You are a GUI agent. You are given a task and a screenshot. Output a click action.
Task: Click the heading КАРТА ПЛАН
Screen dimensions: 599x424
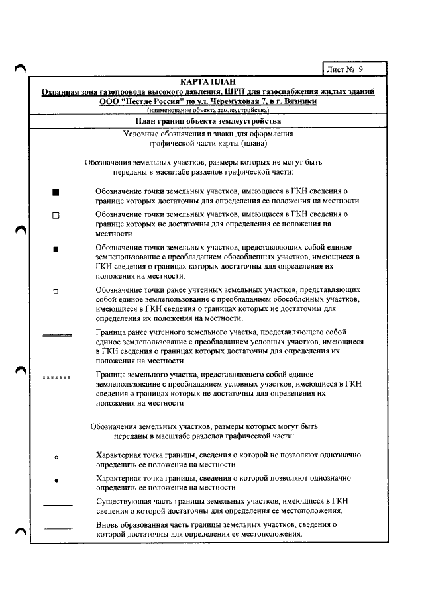click(x=208, y=81)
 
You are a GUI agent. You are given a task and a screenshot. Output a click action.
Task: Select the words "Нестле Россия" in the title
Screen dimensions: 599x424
click(x=150, y=101)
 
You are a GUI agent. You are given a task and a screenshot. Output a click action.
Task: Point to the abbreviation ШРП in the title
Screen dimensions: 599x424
click(x=236, y=91)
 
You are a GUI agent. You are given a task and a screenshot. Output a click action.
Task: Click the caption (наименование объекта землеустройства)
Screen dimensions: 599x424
click(x=208, y=110)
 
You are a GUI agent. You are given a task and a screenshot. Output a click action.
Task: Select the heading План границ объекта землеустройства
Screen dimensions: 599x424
click(x=208, y=121)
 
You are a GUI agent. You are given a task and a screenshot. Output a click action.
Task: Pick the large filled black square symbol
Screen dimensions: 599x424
click(x=56, y=193)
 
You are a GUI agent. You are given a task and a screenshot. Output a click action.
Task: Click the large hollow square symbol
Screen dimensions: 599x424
click(x=56, y=216)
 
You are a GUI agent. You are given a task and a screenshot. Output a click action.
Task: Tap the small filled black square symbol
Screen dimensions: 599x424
click(x=56, y=249)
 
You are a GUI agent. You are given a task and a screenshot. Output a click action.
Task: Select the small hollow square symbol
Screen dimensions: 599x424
click(x=56, y=291)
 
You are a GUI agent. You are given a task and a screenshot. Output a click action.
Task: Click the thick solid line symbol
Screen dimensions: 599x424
click(x=57, y=336)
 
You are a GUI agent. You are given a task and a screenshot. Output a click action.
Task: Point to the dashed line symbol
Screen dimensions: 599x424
click(x=57, y=378)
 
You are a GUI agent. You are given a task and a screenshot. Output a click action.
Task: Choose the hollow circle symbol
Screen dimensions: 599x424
click(x=56, y=457)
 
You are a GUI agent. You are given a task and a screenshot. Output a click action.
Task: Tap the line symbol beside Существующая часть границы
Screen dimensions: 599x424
click(x=57, y=504)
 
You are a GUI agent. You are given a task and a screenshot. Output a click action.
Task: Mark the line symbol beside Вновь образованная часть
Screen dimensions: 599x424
click(x=57, y=528)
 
